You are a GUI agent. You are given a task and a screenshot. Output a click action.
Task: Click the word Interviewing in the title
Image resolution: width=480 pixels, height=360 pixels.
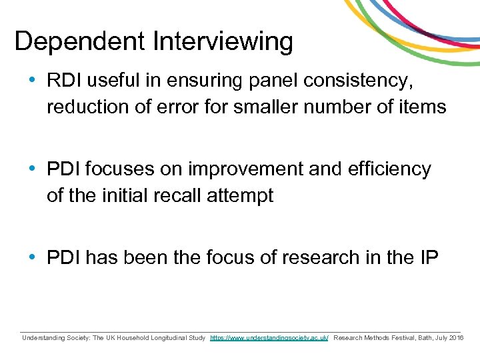coord(223,41)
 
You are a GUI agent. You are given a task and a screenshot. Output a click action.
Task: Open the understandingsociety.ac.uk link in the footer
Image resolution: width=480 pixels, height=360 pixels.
coord(269,339)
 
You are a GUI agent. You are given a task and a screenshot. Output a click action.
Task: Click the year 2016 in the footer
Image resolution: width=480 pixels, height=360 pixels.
coord(456,339)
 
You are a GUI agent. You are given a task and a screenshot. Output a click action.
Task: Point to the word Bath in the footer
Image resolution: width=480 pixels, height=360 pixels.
coord(425,339)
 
